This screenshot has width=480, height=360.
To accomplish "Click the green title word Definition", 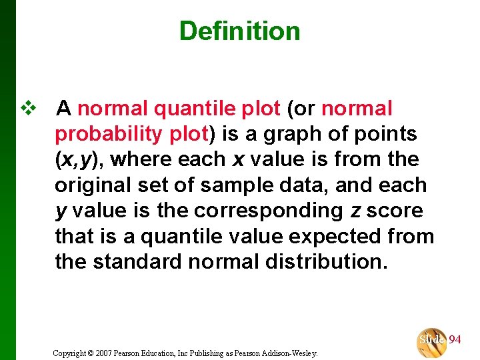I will pyautogui.click(x=239, y=31).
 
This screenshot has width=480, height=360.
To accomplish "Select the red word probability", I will pyautogui.click(x=109, y=133).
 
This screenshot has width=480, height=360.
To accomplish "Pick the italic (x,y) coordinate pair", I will pyautogui.click(x=79, y=159).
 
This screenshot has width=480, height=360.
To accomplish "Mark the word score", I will pyautogui.click(x=395, y=211).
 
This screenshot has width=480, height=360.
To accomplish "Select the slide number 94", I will pyautogui.click(x=455, y=339).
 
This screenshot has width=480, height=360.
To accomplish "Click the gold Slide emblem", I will pyautogui.click(x=431, y=341).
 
